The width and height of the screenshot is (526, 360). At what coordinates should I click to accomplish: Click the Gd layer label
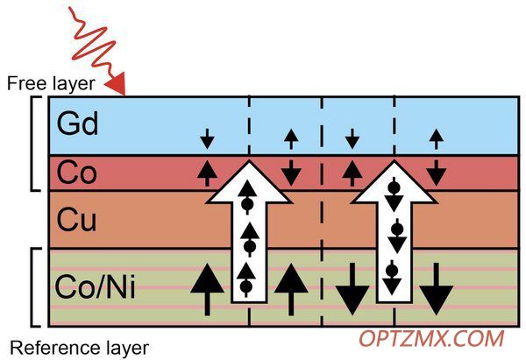[x=77, y=124]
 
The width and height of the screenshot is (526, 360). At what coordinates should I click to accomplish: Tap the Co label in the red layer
[x=77, y=173]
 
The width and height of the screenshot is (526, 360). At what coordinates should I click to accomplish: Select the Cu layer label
[x=77, y=220]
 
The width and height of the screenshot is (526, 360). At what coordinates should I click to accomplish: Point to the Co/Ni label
[x=96, y=286]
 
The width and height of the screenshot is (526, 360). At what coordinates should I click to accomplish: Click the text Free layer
[x=51, y=83]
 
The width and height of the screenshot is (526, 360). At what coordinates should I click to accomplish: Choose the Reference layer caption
[x=80, y=348]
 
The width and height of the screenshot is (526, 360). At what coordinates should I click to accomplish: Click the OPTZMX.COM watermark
[x=431, y=339]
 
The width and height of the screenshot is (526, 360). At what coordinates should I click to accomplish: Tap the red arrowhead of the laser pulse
[x=117, y=84]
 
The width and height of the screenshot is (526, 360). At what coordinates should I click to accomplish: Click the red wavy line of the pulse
[x=91, y=40]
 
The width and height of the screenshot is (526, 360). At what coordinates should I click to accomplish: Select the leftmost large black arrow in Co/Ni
[x=207, y=290]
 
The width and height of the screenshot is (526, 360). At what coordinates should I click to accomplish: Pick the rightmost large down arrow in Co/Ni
[x=436, y=289]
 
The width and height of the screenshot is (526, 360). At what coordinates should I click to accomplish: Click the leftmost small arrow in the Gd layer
[x=207, y=138]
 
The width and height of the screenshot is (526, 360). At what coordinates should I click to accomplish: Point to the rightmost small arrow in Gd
[x=436, y=138]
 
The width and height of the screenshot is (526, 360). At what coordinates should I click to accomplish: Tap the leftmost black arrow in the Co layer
[x=207, y=173]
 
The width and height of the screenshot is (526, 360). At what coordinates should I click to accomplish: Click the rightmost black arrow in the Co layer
[x=436, y=173]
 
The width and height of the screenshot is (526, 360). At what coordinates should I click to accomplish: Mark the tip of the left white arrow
[x=249, y=161]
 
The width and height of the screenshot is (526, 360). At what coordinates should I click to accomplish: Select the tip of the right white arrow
[x=394, y=161]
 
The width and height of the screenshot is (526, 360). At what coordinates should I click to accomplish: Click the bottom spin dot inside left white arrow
[x=246, y=286]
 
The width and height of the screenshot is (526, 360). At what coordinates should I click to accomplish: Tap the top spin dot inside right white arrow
[x=394, y=187]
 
